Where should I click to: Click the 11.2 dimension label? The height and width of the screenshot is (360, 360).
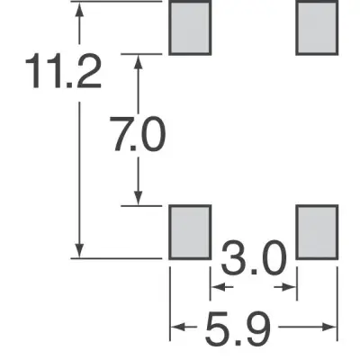(x=63, y=71)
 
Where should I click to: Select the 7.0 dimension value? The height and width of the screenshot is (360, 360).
(x=138, y=133)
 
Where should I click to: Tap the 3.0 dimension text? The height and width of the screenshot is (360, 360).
(x=254, y=257)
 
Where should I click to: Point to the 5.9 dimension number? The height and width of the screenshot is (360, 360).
(x=238, y=328)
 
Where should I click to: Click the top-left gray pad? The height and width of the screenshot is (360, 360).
(x=190, y=28)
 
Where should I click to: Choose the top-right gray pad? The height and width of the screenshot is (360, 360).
(x=317, y=28)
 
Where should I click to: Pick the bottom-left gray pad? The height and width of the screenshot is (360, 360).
(x=190, y=232)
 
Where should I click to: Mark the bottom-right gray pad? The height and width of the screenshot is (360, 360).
(x=317, y=232)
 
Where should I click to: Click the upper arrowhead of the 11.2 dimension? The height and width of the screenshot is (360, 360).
(x=79, y=10)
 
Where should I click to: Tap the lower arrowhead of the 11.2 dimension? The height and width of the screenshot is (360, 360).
(x=79, y=250)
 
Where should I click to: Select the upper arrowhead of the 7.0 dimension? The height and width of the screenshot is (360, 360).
(x=138, y=62)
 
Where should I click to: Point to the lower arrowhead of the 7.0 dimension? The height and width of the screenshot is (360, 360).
(x=138, y=198)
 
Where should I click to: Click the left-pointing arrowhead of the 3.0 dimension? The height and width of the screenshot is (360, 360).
(x=219, y=287)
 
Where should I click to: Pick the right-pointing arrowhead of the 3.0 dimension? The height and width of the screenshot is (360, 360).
(x=289, y=287)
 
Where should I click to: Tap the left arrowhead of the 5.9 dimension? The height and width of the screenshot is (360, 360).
(x=178, y=327)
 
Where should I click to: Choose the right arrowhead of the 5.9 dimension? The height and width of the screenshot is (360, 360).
(x=329, y=327)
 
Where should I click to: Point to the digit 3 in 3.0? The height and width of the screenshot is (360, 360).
(x=233, y=257)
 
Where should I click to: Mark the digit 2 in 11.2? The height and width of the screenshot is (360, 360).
(x=89, y=71)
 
